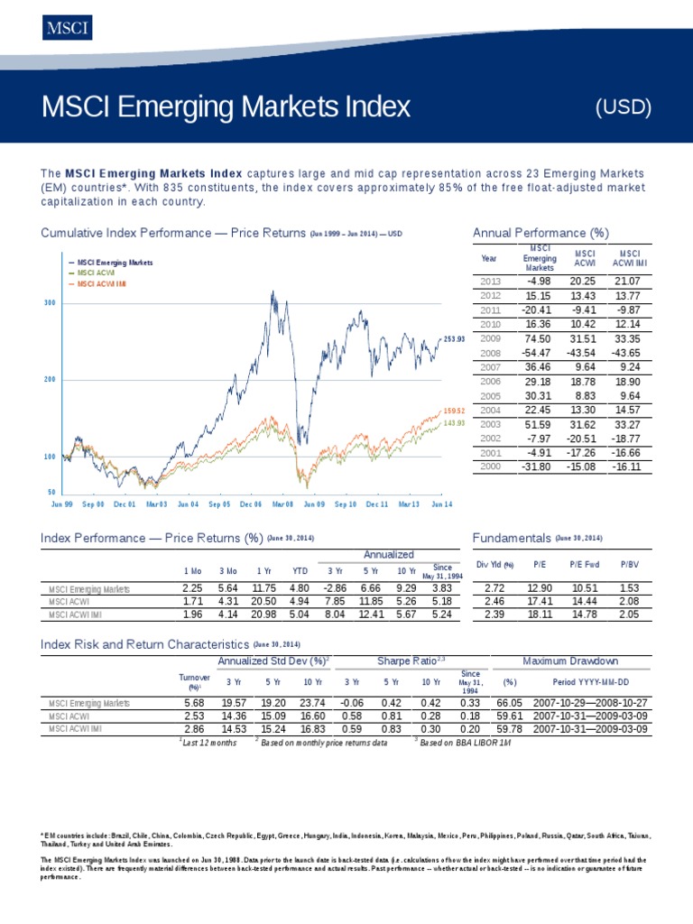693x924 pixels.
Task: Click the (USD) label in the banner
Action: pos(624,106)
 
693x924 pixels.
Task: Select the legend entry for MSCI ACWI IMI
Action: pos(102,283)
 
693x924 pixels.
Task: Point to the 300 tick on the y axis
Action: pos(50,303)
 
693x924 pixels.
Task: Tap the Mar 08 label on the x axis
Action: pos(282,505)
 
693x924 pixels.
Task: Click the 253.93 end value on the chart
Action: pos(455,338)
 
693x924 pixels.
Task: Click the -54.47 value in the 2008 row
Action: pos(539,352)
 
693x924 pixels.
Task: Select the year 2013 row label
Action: pos(489,282)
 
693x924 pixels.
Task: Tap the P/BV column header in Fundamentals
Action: pos(630,565)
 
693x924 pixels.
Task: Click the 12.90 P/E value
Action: pos(541,588)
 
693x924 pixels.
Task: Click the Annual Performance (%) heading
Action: pos(541,234)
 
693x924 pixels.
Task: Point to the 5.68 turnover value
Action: pos(194,703)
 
